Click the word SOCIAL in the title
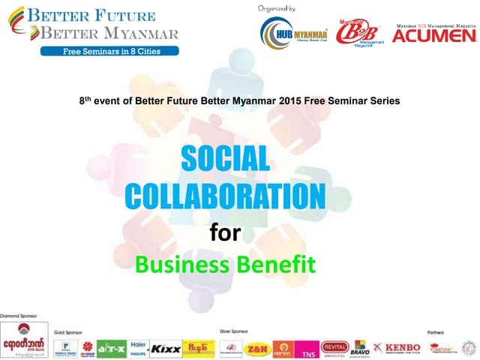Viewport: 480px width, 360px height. pyautogui.click(x=225, y=159)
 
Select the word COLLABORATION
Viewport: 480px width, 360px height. pyautogui.click(x=225, y=196)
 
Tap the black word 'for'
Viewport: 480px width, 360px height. pyautogui.click(x=224, y=232)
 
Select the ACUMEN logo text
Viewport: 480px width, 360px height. pyautogui.click(x=434, y=34)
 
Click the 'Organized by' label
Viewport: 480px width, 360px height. pyautogui.click(x=277, y=7)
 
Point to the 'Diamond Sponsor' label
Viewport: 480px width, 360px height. pyautogui.click(x=19, y=316)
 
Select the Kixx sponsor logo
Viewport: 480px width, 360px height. pyautogui.click(x=165, y=349)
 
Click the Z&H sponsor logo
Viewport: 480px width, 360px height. pyautogui.click(x=257, y=348)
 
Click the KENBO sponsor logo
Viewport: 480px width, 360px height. pyautogui.click(x=397, y=347)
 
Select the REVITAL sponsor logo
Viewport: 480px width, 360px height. pyautogui.click(x=334, y=346)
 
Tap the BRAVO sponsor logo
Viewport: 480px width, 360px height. pyautogui.click(x=362, y=346)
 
